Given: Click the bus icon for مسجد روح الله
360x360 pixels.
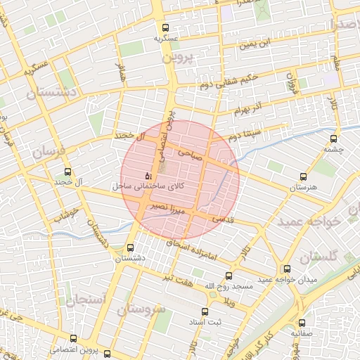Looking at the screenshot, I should point(228,276).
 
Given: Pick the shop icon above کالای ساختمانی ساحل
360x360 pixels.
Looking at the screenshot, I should point(147,176).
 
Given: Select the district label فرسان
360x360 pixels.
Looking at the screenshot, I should point(48,151).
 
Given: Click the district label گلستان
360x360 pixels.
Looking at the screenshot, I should point(319,258).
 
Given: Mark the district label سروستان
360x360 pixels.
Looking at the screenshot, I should point(142,309).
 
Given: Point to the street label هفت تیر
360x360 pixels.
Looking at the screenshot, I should point(195,278).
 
